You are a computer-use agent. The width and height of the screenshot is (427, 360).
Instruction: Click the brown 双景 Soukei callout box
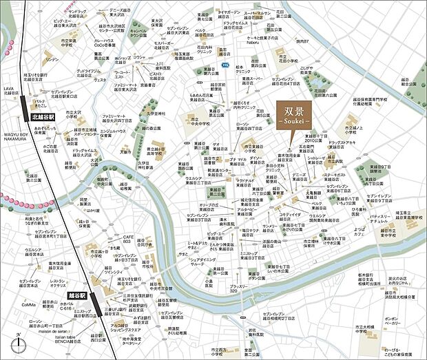pos(292,114)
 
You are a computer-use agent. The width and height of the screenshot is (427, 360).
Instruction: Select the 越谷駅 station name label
pos(76,294)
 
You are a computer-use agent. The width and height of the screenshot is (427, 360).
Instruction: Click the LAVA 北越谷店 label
pos(12,91)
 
